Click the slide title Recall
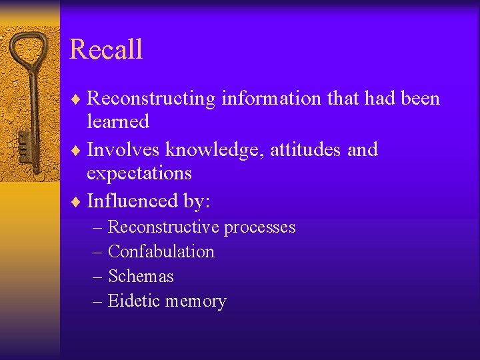click(x=106, y=50)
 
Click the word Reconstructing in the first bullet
click(x=151, y=99)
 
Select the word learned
click(x=118, y=121)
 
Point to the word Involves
click(x=124, y=149)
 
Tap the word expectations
click(x=139, y=173)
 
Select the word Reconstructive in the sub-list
click(x=163, y=227)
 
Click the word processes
click(x=259, y=228)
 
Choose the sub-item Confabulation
click(x=161, y=252)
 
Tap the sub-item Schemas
click(x=141, y=277)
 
